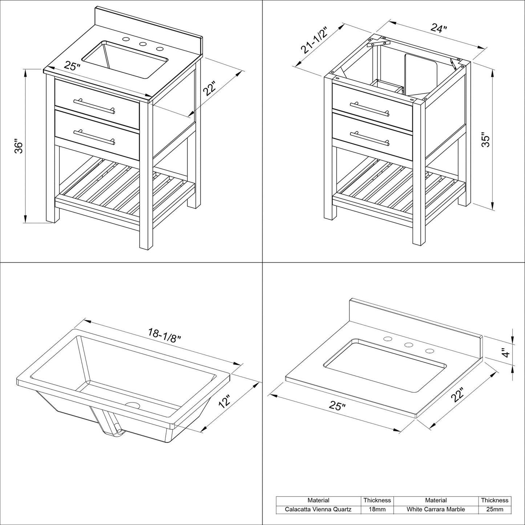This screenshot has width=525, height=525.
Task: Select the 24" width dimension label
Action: coord(439,28)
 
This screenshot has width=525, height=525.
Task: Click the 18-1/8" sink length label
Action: coord(164,333)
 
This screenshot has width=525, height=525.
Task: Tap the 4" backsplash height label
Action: coord(505,352)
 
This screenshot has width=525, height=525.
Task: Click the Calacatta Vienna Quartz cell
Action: coord(318,509)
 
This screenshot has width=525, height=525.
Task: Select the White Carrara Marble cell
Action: coord(436,509)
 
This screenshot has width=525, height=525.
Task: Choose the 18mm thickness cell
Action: coord(377,509)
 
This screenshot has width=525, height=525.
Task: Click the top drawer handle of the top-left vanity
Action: coord(94,106)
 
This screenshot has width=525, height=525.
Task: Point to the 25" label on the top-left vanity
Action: coord(72,66)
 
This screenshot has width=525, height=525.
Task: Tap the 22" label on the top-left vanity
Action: coord(210,89)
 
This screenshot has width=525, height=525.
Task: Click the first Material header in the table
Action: coord(318,500)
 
